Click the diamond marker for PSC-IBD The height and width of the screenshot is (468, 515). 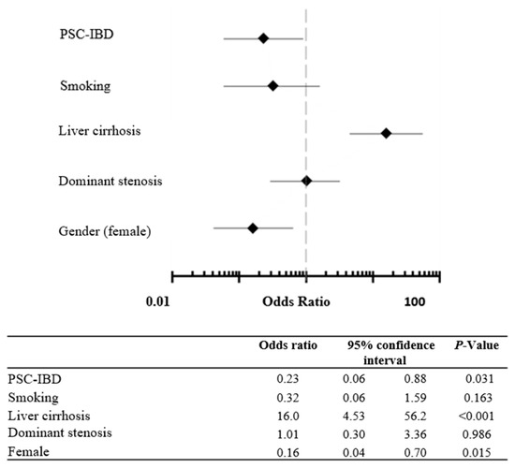[x=263, y=38]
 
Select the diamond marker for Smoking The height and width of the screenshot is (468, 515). [x=272, y=86]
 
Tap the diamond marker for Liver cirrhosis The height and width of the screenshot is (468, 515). [x=386, y=134]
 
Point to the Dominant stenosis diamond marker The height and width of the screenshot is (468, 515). [x=306, y=181]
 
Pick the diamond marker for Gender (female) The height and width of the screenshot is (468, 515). [x=252, y=227]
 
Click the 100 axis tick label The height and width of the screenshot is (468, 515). [x=414, y=301]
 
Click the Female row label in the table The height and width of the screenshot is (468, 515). [x=27, y=451]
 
